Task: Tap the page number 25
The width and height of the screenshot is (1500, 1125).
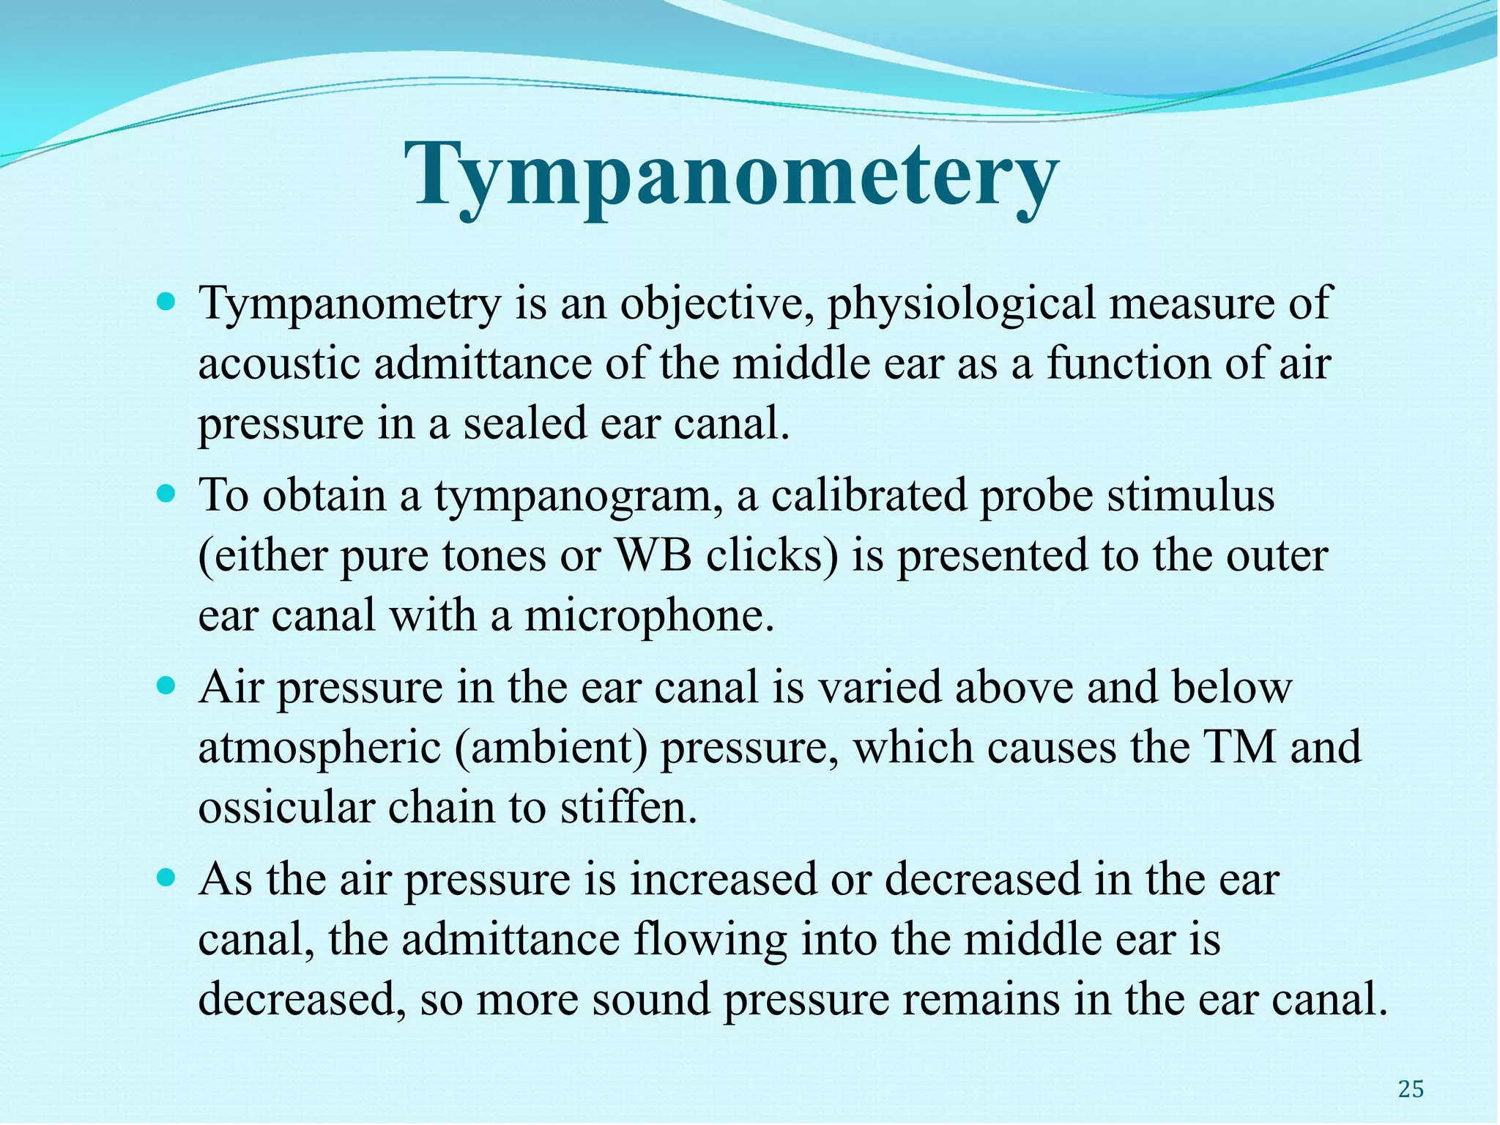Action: pos(1411,1089)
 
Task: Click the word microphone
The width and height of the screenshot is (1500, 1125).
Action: pos(649,615)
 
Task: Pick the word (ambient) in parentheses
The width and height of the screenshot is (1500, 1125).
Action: pos(551,748)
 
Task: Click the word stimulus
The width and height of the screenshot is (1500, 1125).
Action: pos(1190,496)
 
